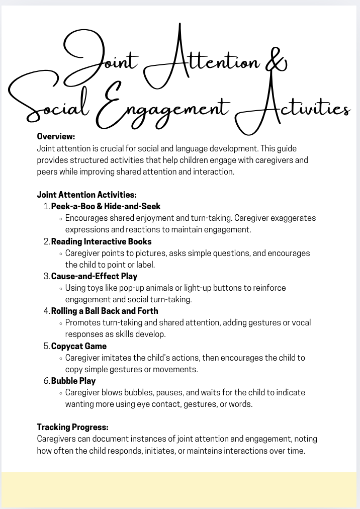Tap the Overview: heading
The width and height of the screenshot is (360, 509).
click(56, 136)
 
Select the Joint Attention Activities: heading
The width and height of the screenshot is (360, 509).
click(87, 195)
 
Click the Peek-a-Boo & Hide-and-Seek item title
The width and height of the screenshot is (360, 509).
click(106, 206)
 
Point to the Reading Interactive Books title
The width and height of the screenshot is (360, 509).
click(101, 241)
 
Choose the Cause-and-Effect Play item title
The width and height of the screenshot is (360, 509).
click(94, 276)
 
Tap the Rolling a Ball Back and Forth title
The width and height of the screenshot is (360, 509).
click(105, 311)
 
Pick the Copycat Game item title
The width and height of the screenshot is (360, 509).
click(79, 346)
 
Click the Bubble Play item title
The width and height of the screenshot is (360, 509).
click(73, 381)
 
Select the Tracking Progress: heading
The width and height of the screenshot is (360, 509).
click(72, 427)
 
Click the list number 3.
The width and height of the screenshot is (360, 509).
click(46, 276)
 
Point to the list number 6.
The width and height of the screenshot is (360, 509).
click(46, 381)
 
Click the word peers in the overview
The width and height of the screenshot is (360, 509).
click(48, 172)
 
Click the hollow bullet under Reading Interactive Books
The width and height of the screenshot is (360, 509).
click(61, 254)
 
